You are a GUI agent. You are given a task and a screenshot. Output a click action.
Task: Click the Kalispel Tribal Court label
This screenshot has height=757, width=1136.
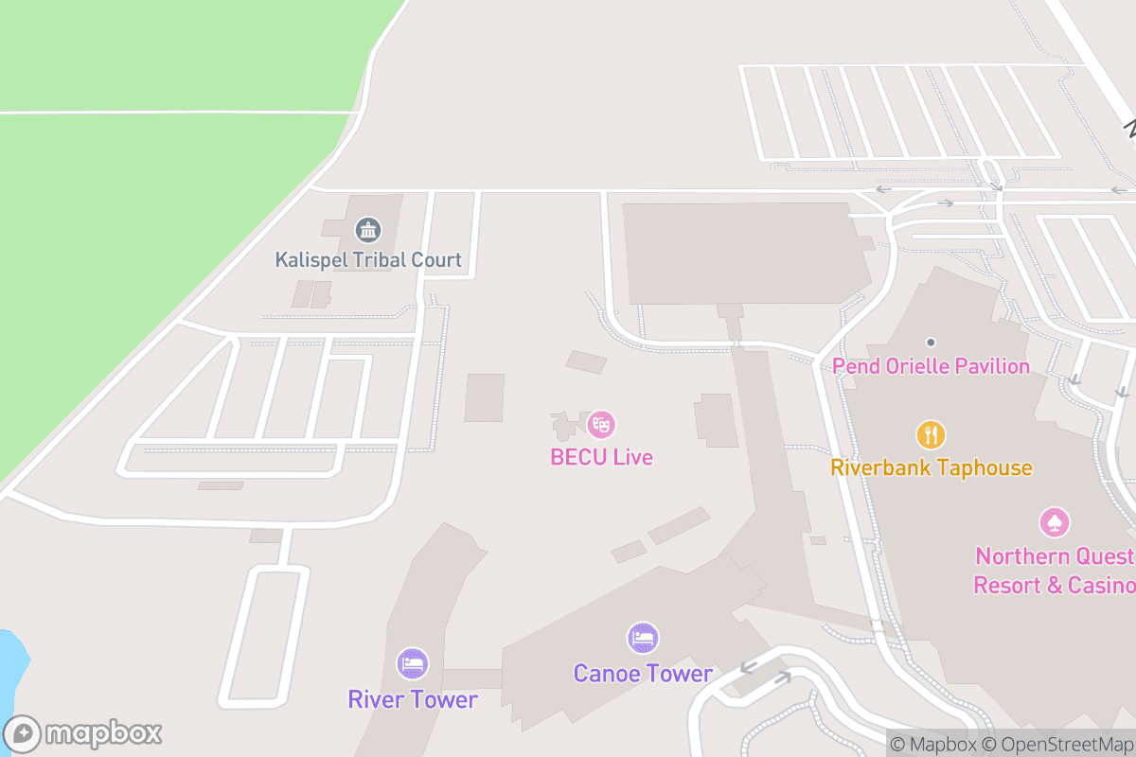(x=368, y=259)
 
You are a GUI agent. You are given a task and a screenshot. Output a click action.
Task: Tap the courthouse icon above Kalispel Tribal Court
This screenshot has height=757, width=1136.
(x=367, y=229)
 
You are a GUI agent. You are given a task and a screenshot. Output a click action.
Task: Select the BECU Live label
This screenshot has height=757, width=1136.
(x=601, y=457)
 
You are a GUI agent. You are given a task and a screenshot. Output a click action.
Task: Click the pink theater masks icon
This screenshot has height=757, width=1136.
(x=601, y=423)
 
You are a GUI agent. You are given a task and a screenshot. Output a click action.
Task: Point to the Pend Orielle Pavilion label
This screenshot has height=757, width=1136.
(x=931, y=366)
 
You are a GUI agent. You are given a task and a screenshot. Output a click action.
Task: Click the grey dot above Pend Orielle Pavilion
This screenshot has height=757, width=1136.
(x=931, y=342)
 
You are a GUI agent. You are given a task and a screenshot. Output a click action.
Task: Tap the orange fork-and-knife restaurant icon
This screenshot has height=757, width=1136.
(x=931, y=434)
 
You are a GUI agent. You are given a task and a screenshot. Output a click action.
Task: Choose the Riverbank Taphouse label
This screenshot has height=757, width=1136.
(x=931, y=467)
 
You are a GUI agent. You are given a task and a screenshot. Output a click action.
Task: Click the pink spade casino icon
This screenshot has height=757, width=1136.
(x=1055, y=521)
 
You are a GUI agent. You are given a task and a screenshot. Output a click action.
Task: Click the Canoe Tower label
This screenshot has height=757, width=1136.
(x=643, y=674)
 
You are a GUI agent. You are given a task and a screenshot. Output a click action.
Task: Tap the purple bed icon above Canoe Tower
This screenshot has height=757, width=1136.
(x=643, y=638)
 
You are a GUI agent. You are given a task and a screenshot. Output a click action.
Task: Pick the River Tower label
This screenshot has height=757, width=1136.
(x=413, y=699)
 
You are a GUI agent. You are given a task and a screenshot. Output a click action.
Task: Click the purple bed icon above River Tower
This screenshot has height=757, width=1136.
(x=413, y=663)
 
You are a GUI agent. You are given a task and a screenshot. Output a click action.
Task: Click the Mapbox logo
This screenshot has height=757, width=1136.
(x=85, y=733)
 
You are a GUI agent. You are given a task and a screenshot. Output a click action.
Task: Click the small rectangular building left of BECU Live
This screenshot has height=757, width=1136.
(x=484, y=397)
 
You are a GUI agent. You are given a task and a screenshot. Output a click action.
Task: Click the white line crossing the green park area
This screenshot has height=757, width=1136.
(x=170, y=113)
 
